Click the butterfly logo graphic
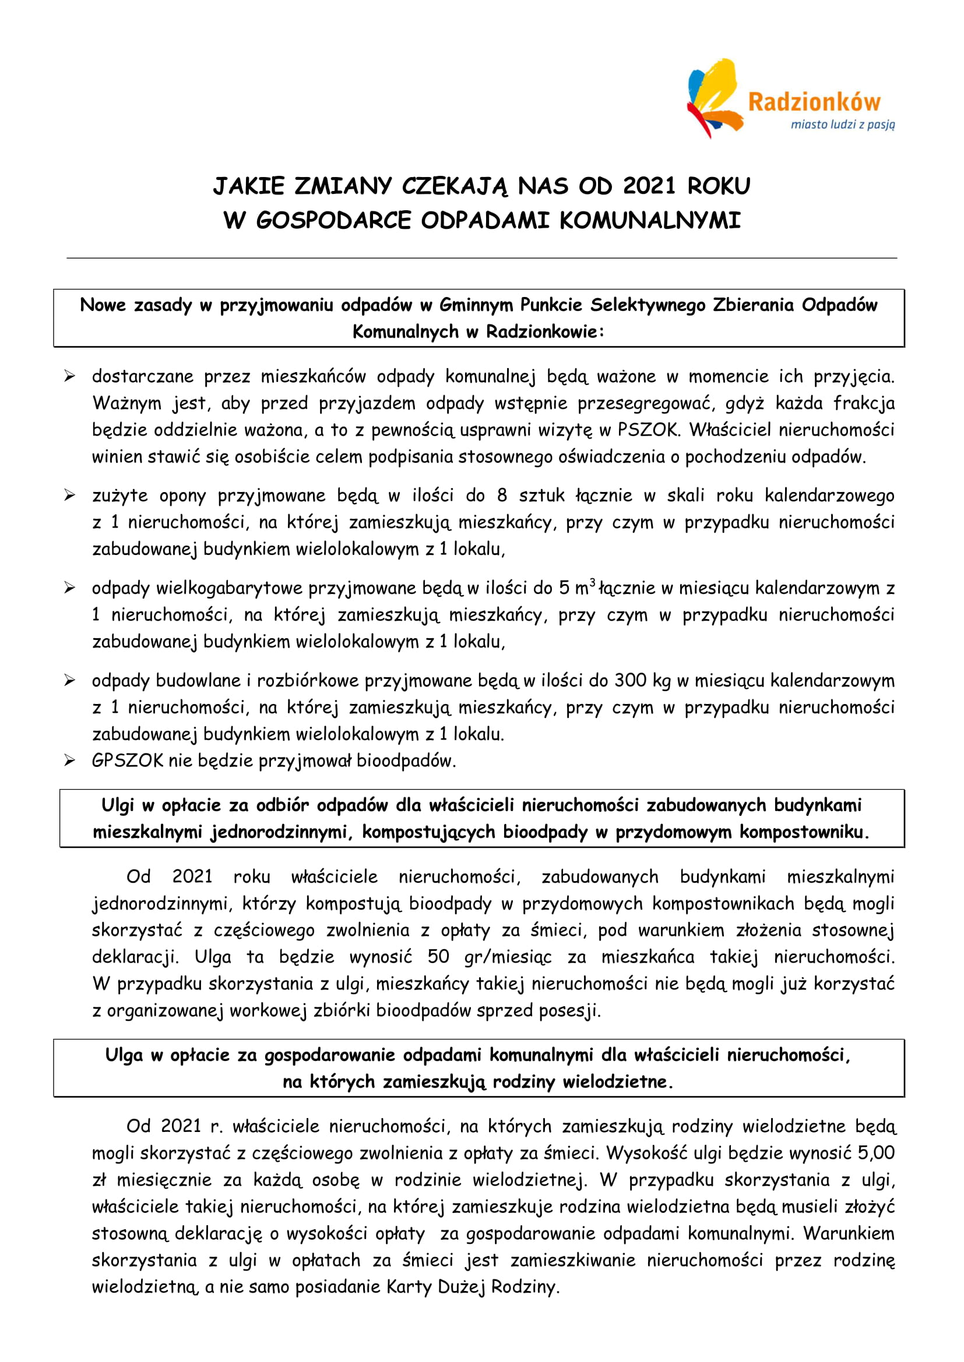[712, 98]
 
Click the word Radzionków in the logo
[814, 102]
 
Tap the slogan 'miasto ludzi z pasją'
[842, 125]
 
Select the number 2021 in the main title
[649, 186]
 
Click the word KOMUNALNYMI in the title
[649, 221]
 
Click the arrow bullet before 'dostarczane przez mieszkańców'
[70, 376]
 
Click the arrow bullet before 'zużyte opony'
[70, 496]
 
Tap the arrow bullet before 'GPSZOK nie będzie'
[70, 760]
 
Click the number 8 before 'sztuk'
[502, 496]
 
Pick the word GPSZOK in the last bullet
[127, 760]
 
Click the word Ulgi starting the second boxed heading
[118, 805]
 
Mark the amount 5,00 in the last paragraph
[876, 1152]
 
